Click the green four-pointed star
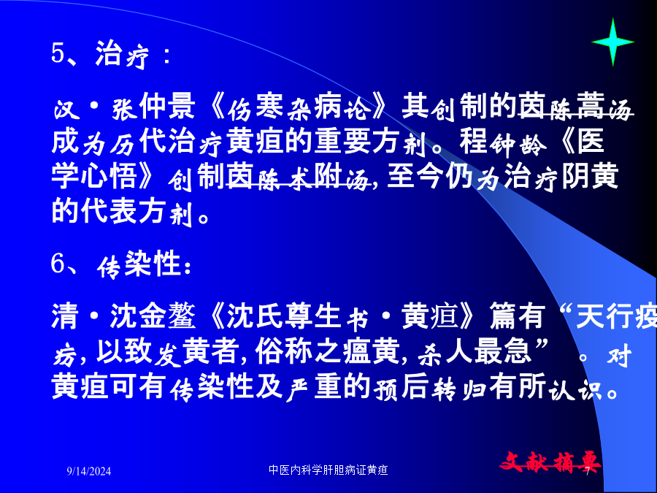tap(612, 42)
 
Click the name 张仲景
tap(153, 107)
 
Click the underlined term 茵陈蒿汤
tap(575, 107)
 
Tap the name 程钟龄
tap(503, 142)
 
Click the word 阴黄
tap(590, 177)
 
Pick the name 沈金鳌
tap(153, 316)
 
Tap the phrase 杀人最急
tap(474, 351)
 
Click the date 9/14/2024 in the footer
tap(89, 471)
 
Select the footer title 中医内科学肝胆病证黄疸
tap(328, 470)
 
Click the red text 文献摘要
tap(550, 463)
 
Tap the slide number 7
tap(587, 471)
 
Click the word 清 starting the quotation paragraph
tap(65, 316)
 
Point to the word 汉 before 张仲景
tap(66, 108)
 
